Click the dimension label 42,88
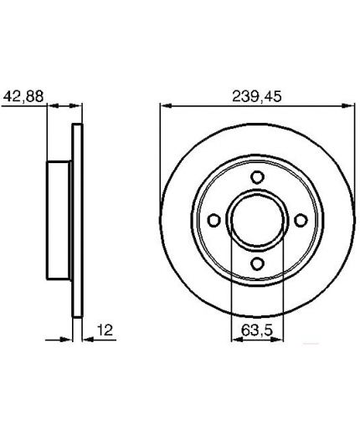[x=23, y=96]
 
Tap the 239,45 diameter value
[x=257, y=96]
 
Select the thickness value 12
[x=105, y=330]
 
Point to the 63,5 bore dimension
[x=256, y=330]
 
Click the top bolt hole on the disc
[x=257, y=177]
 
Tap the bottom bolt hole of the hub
[x=257, y=264]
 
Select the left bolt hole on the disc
[x=214, y=220]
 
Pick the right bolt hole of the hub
[x=301, y=220]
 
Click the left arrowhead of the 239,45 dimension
[x=166, y=105]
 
